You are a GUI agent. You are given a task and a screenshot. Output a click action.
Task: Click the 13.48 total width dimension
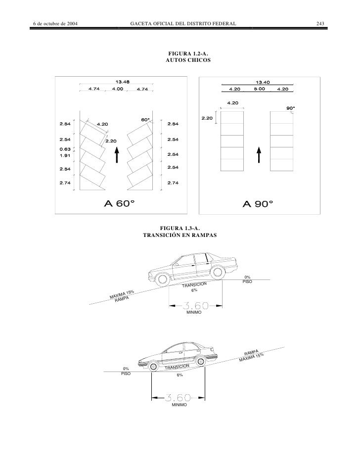point(123,82)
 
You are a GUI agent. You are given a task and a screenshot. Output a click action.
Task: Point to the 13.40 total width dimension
point(262,83)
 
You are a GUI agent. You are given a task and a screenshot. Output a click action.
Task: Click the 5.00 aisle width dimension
point(259,89)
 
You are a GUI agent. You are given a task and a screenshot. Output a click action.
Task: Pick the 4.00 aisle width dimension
point(118,89)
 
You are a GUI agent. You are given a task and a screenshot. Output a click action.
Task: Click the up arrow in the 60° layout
point(117,155)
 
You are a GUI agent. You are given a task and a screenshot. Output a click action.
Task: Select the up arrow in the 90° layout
point(258,155)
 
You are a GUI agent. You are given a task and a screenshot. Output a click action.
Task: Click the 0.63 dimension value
point(65,148)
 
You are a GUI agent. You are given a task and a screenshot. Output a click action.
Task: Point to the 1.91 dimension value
point(65,155)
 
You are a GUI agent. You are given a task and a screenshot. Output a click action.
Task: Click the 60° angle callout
point(145,120)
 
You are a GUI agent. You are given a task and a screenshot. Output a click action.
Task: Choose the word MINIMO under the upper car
point(194,314)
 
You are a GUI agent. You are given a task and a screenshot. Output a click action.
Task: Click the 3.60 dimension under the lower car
point(178,397)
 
